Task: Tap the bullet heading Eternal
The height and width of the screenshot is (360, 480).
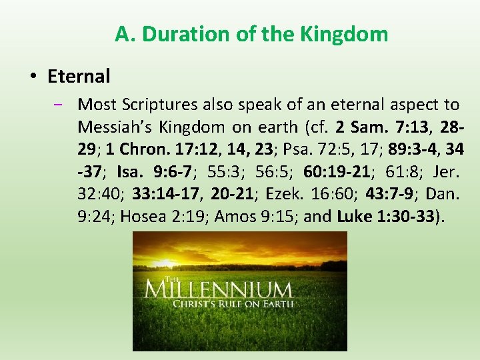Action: tap(79, 77)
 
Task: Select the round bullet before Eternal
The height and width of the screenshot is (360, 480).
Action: tap(33, 77)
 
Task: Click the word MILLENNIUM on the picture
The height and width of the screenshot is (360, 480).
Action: tap(218, 291)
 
